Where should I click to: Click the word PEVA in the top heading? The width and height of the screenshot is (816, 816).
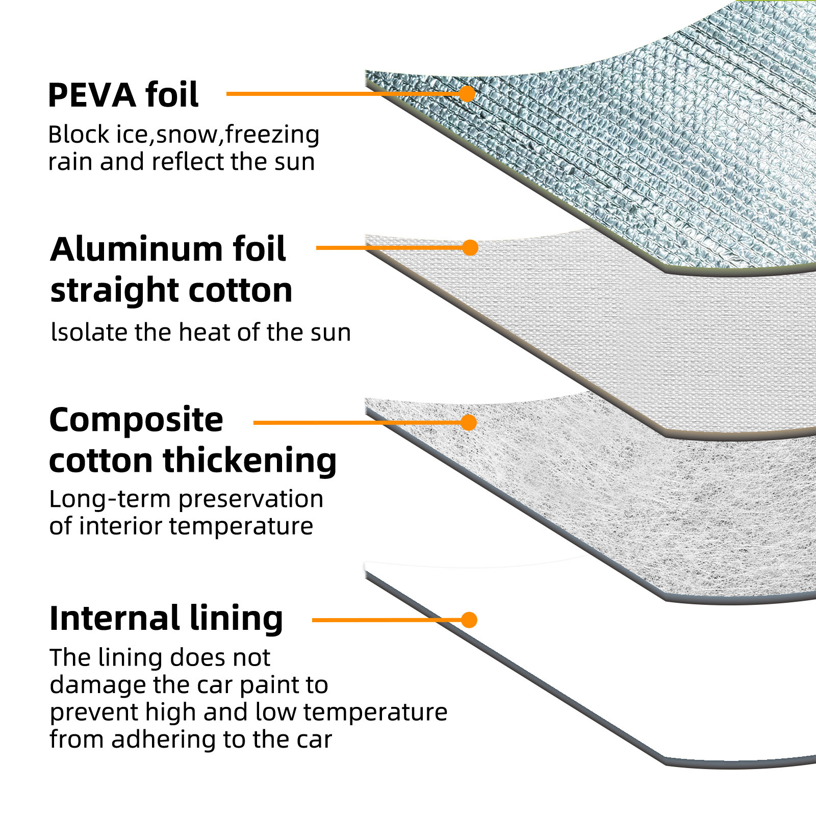(92, 95)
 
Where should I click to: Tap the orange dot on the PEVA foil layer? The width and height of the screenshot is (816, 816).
(467, 94)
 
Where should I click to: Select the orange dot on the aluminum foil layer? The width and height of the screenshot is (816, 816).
(470, 248)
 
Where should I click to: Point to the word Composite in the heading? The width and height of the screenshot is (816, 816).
(136, 420)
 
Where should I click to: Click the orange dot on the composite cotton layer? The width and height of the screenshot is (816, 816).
(469, 422)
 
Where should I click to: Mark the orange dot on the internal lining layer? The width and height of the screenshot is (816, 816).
(469, 620)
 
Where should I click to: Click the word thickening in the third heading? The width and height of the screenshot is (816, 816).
(249, 461)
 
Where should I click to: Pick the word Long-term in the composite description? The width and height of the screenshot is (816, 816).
(110, 499)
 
